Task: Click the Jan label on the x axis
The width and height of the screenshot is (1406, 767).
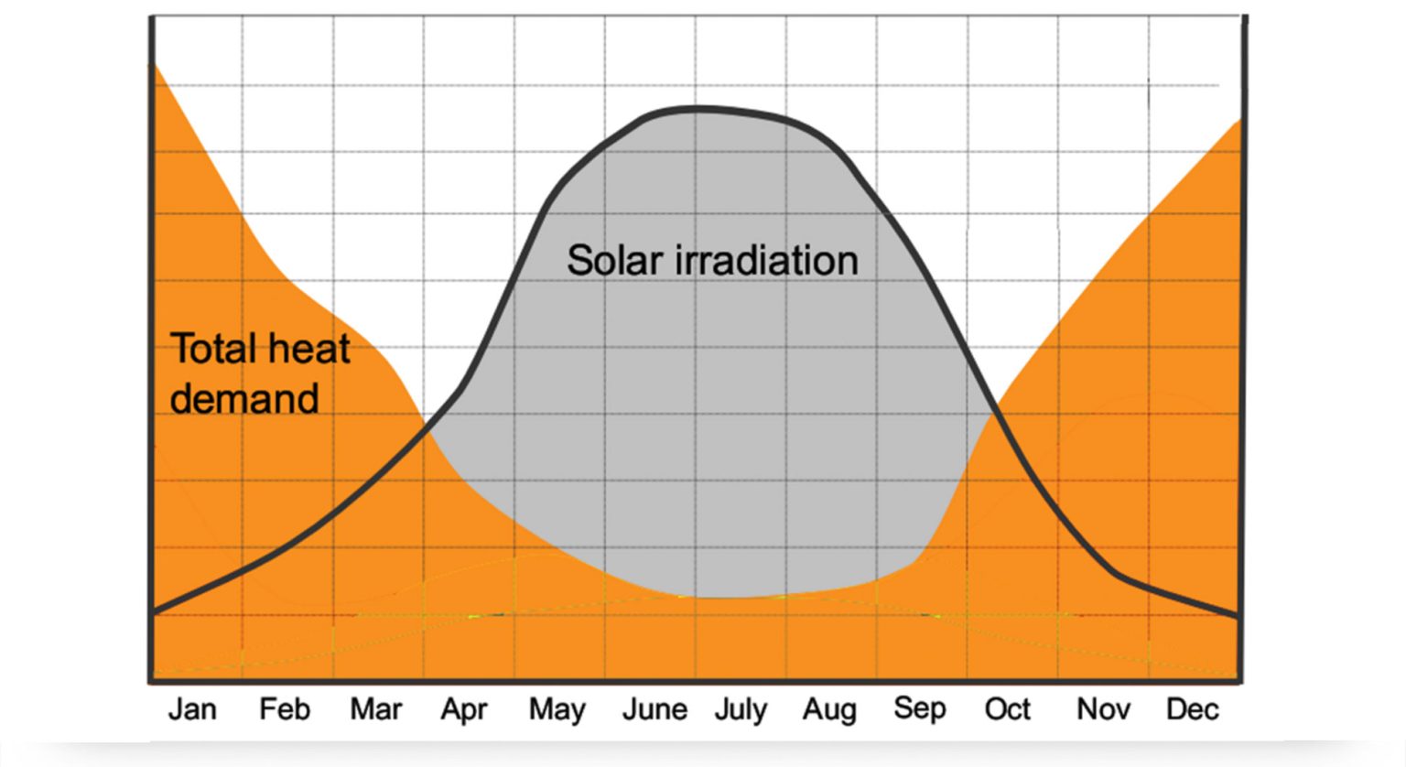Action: (x=192, y=709)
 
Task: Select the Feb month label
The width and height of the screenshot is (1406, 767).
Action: (x=284, y=709)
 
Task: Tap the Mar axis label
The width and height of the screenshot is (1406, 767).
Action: (x=375, y=709)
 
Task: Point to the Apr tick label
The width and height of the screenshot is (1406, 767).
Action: (x=464, y=710)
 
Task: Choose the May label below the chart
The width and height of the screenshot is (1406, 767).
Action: (x=557, y=710)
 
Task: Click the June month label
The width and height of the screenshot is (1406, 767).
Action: (x=654, y=709)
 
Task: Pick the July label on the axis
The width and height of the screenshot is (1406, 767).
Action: (x=741, y=710)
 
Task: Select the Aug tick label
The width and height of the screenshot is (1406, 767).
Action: (x=829, y=710)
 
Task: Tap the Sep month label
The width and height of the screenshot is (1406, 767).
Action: (x=919, y=710)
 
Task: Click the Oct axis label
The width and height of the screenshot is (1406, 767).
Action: (x=1007, y=709)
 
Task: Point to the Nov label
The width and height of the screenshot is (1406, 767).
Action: (x=1103, y=709)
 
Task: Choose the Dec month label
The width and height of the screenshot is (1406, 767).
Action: (x=1192, y=709)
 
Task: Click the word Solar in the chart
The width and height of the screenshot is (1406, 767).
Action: (x=614, y=260)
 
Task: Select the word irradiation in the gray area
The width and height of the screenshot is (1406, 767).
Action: (x=767, y=260)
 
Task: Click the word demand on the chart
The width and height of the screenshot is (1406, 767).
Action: (x=244, y=399)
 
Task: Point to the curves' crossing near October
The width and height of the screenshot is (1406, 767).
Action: (x=994, y=412)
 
